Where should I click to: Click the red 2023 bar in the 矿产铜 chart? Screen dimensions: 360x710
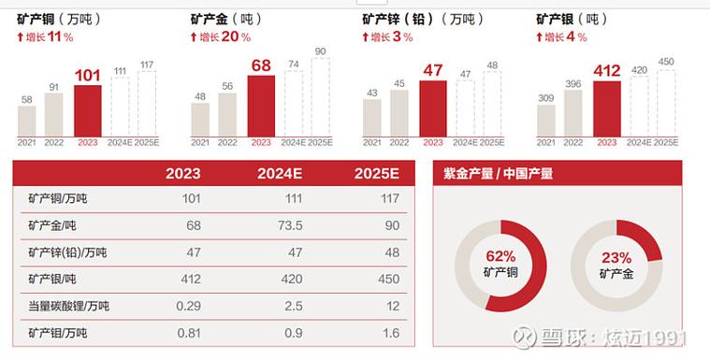(x=87, y=111)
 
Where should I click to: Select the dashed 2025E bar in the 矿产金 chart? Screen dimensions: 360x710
(x=320, y=98)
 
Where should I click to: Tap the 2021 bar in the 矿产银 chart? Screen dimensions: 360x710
(x=545, y=121)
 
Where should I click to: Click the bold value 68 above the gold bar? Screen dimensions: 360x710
(x=261, y=65)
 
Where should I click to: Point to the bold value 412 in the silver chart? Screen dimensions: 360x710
(x=607, y=71)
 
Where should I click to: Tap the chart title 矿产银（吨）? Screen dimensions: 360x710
(x=568, y=18)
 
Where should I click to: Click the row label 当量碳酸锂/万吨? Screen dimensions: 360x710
(x=69, y=306)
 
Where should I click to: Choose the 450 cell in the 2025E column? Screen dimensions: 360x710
(x=388, y=279)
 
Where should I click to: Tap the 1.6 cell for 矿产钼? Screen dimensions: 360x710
(x=390, y=332)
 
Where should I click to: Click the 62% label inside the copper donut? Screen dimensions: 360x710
(x=500, y=257)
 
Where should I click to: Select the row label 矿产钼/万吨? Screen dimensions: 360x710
(x=58, y=332)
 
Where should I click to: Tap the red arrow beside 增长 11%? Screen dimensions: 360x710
(x=21, y=37)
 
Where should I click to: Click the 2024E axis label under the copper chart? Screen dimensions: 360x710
(x=121, y=143)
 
